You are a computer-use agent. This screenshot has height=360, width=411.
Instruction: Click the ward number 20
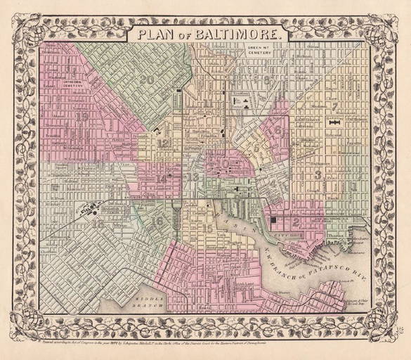tap(146, 79)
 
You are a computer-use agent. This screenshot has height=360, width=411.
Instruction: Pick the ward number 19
tap(83, 117)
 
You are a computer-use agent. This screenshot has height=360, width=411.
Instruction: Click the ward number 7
tap(336, 107)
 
